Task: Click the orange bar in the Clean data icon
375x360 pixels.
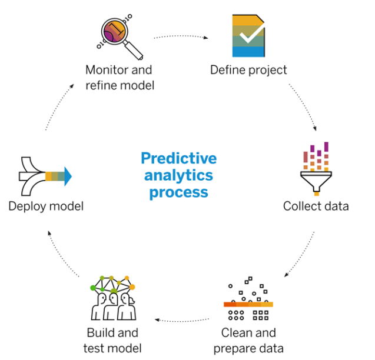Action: tap(248, 304)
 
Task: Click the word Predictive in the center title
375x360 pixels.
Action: tap(178, 159)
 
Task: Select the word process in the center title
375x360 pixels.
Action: tap(178, 192)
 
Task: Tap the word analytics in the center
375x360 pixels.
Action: tap(178, 175)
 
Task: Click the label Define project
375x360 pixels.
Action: tap(248, 70)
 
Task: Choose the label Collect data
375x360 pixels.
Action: tap(316, 206)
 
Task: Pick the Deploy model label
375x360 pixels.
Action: tap(46, 206)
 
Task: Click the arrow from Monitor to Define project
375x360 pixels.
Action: tap(181, 37)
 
